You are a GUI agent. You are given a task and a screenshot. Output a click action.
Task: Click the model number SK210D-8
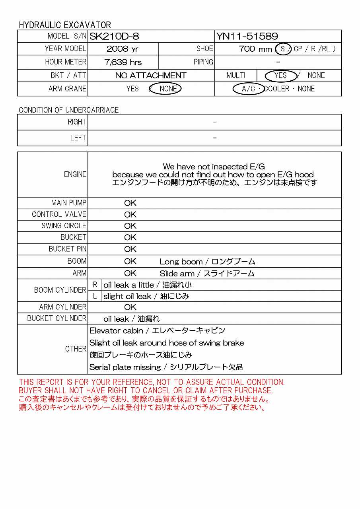coord(114,37)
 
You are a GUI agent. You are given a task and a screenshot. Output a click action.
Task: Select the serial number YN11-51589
coord(247,37)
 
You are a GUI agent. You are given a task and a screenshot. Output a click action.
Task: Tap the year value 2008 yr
coord(123,49)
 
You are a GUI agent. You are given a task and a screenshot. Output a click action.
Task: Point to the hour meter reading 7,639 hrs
coord(123,62)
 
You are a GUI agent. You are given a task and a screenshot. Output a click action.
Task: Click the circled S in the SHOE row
coord(283,49)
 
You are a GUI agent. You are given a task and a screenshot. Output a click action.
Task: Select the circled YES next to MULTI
coord(280,76)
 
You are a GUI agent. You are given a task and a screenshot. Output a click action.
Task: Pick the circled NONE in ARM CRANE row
coord(168,89)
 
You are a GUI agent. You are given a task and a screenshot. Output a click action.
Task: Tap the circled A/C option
coord(249,89)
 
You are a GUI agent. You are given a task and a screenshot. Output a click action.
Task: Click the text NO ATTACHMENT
coord(151,76)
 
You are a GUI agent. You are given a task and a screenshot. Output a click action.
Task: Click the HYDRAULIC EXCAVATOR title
coord(65,25)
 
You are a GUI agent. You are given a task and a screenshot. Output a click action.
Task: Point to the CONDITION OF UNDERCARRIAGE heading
coord(69,110)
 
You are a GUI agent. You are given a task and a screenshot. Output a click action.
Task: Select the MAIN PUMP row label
coord(68,203)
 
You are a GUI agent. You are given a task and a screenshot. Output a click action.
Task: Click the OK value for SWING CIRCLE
coord(130,226)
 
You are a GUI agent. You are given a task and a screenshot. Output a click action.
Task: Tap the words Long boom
coord(181,262)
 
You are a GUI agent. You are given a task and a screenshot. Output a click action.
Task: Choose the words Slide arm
coord(177,274)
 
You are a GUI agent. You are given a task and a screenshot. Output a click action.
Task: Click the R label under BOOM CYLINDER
coord(95,285)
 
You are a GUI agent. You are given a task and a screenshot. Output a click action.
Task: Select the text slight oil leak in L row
coord(127,296)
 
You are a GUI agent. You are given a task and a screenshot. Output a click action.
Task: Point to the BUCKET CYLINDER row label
coord(56,319)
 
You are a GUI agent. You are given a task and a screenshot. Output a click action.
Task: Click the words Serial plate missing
coord(125,367)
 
